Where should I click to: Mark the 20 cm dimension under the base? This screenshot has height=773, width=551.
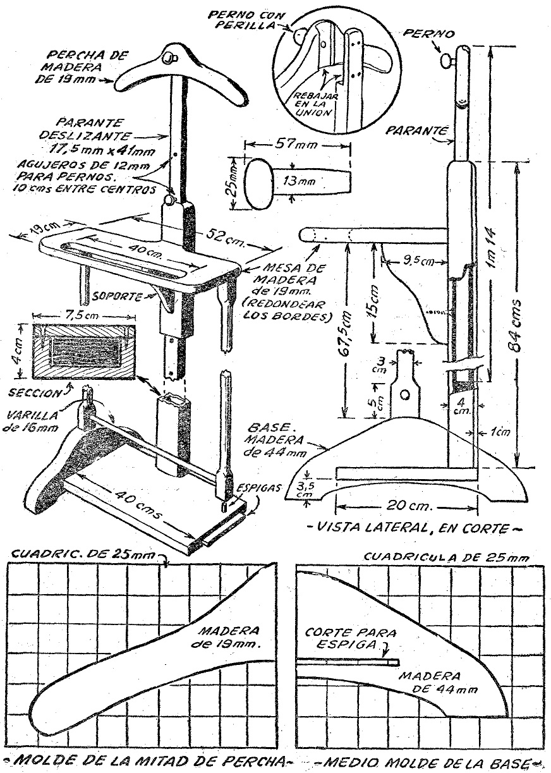(410, 507)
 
